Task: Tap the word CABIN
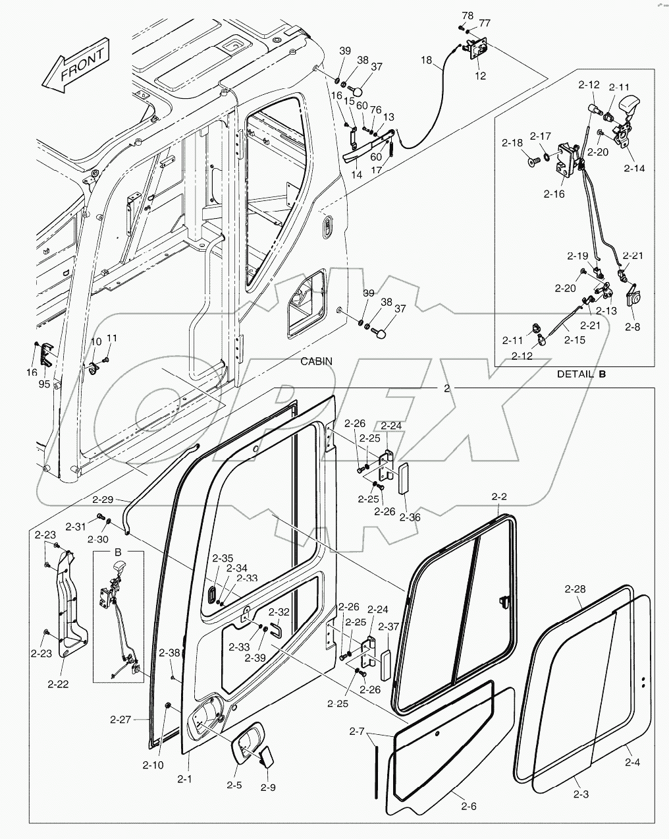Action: (317, 361)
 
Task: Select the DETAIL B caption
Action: (581, 374)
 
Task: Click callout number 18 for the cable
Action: (427, 60)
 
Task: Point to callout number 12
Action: (480, 76)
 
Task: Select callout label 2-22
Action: (57, 684)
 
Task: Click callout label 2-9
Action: (267, 787)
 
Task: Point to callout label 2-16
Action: (554, 194)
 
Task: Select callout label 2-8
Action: (632, 326)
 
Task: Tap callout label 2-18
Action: (512, 142)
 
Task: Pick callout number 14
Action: (357, 175)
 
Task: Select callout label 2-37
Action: (388, 626)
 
